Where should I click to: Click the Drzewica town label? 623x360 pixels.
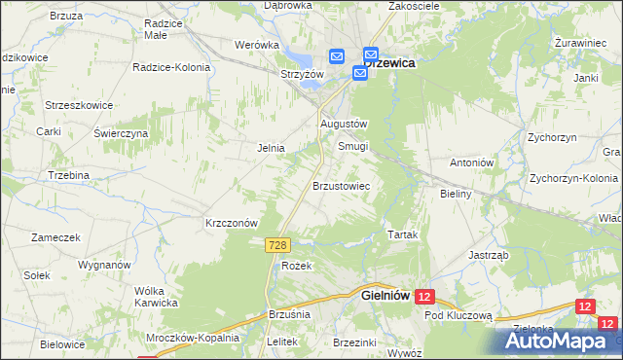point(390,62)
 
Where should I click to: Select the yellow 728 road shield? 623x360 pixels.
point(275,249)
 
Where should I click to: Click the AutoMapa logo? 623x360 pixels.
point(558,341)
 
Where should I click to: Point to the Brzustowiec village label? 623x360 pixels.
point(340,185)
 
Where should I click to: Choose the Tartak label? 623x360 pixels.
point(403,236)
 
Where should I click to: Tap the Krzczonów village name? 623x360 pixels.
point(231,222)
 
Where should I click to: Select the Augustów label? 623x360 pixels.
point(344,125)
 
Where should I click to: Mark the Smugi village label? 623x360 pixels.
point(352,147)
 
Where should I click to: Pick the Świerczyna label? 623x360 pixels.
point(121,132)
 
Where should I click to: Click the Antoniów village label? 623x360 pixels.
point(474,162)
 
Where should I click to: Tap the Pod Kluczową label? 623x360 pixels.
point(458,316)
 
